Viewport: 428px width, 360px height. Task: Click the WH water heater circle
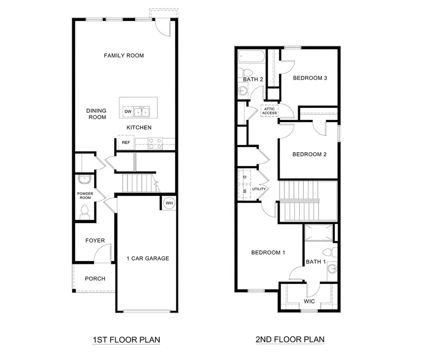click(168, 203)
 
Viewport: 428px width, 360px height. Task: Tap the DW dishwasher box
click(127, 112)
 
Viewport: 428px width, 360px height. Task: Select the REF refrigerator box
click(126, 143)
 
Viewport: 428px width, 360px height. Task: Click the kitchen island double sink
click(142, 112)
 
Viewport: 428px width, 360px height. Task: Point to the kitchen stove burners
click(154, 143)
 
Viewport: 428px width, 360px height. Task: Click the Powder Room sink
click(85, 180)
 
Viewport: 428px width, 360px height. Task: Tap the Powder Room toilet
click(85, 211)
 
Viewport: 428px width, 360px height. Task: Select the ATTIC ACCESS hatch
click(269, 111)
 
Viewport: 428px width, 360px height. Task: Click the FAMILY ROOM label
click(124, 56)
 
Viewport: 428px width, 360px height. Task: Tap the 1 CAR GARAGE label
click(147, 259)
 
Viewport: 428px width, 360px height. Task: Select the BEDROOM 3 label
click(310, 78)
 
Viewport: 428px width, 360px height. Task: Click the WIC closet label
click(309, 301)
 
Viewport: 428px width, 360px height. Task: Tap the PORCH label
click(95, 279)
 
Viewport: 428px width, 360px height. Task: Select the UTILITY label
click(259, 189)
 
